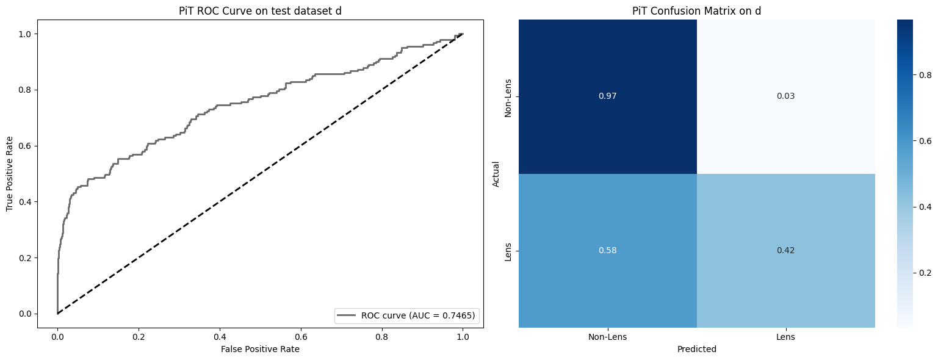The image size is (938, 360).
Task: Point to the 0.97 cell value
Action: click(607, 96)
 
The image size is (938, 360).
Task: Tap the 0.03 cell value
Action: click(785, 96)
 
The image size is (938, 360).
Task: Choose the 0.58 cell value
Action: click(607, 251)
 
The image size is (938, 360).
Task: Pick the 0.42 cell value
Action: click(785, 251)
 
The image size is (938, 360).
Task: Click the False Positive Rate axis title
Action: click(260, 349)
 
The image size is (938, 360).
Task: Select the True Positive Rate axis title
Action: click(10, 174)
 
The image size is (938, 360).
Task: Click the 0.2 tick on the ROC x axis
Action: click(139, 337)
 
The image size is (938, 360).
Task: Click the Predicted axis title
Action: click(696, 350)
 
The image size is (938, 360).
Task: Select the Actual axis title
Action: click(496, 174)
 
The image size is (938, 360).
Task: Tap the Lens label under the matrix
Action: click(785, 337)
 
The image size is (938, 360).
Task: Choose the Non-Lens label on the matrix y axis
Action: click(508, 96)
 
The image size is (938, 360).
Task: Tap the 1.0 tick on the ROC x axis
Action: click(463, 337)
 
